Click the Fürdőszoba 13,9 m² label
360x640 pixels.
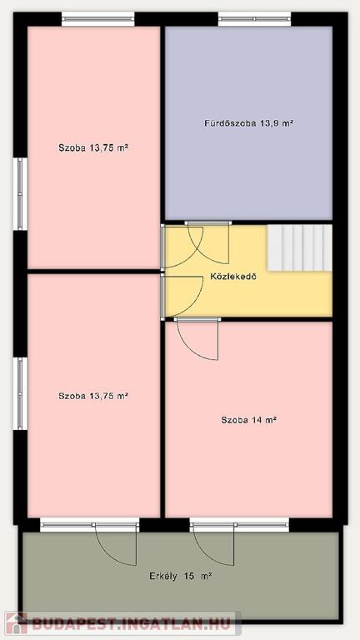(249, 122)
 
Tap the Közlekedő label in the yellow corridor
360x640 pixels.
(233, 277)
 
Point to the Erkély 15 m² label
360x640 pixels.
(180, 577)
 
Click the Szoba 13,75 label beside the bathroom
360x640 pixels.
(93, 147)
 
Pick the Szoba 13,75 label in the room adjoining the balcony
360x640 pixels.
(93, 396)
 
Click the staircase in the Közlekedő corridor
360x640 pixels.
(300, 247)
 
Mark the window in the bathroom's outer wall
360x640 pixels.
(254, 19)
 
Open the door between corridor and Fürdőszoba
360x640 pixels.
(208, 242)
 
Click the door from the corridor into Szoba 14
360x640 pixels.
(198, 338)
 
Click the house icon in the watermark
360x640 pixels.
(17, 623)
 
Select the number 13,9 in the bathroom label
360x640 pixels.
(268, 123)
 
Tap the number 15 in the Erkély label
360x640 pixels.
(189, 577)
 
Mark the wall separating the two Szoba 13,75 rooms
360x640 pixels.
(93, 272)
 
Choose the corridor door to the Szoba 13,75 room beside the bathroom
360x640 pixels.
(182, 247)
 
